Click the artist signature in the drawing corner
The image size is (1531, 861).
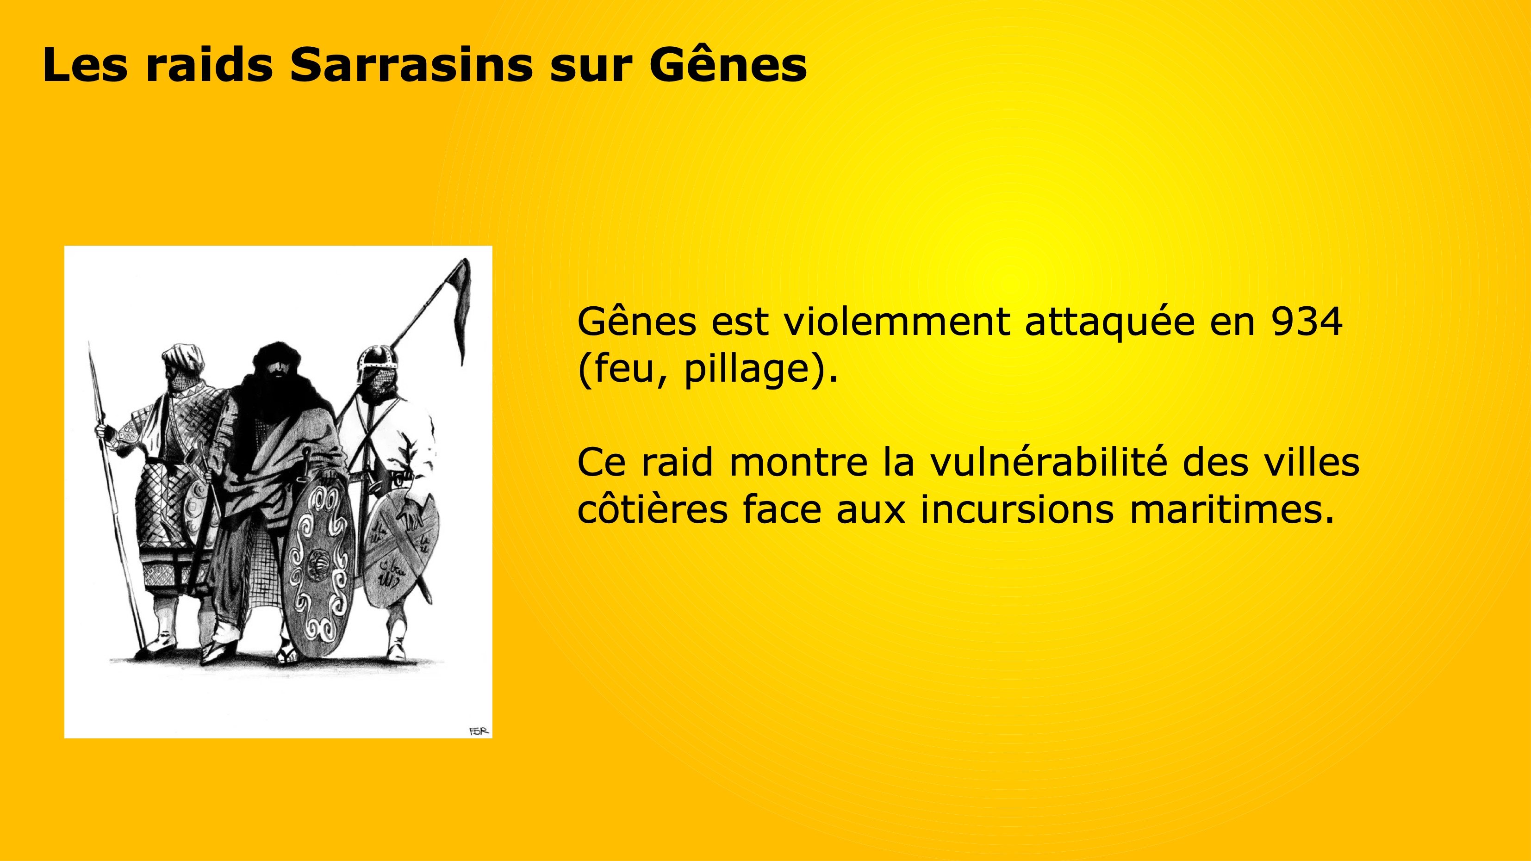(479, 731)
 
